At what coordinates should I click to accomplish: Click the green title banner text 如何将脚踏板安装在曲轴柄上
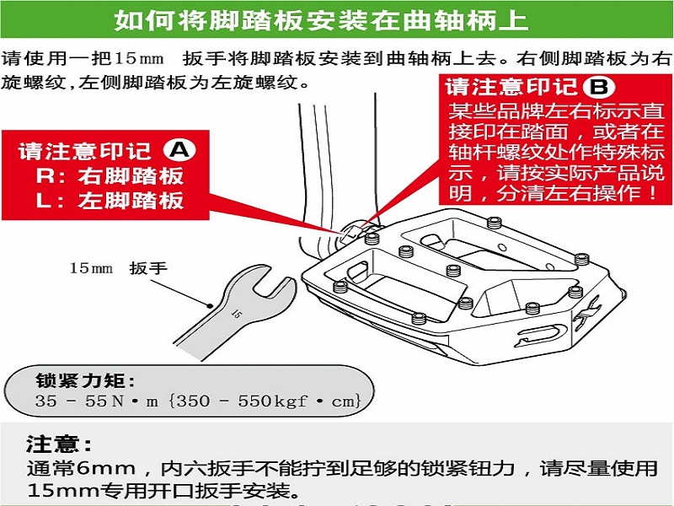point(321,19)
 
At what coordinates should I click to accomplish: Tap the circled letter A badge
point(179,150)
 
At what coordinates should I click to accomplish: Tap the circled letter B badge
point(599,87)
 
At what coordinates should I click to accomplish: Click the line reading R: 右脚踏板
point(110,176)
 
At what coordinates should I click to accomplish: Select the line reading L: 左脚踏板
point(110,201)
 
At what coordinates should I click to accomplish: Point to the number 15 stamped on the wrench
point(236,314)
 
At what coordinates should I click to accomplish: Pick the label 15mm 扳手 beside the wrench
point(118,268)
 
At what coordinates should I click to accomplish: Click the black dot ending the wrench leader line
point(210,306)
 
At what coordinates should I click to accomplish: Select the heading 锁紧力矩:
point(86,380)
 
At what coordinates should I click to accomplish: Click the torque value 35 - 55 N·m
point(97,401)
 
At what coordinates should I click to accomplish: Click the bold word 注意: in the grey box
point(59,444)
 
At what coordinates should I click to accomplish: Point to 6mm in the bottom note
point(106,468)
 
